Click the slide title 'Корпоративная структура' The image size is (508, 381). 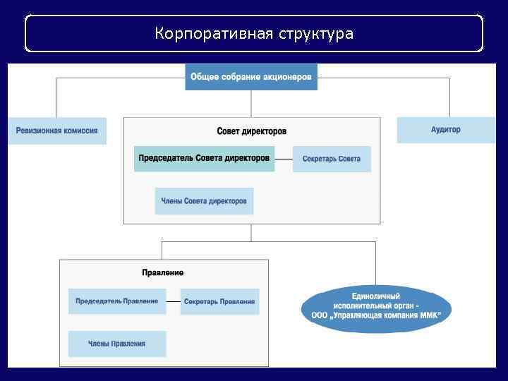point(254,34)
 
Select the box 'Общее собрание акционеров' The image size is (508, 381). point(251,77)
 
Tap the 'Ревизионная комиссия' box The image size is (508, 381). point(57,131)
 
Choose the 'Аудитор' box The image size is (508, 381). point(446,130)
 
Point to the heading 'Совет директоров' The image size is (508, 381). point(252,131)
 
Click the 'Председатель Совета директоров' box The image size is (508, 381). point(204,159)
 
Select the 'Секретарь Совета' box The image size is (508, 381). point(332,159)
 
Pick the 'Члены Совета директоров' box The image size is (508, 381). point(204,201)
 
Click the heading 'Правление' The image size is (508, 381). point(163,272)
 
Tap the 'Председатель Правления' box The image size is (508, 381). point(117,301)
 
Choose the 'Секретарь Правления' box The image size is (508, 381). point(219,301)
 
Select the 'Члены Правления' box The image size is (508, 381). point(117,344)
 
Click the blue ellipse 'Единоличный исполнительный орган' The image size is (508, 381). point(376,308)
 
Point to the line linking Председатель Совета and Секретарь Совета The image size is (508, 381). point(283,159)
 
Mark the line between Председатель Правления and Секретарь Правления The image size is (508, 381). point(173,301)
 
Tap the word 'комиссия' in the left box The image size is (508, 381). point(78,131)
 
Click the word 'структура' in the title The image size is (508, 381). point(316,34)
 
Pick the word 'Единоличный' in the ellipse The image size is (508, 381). point(376,296)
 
